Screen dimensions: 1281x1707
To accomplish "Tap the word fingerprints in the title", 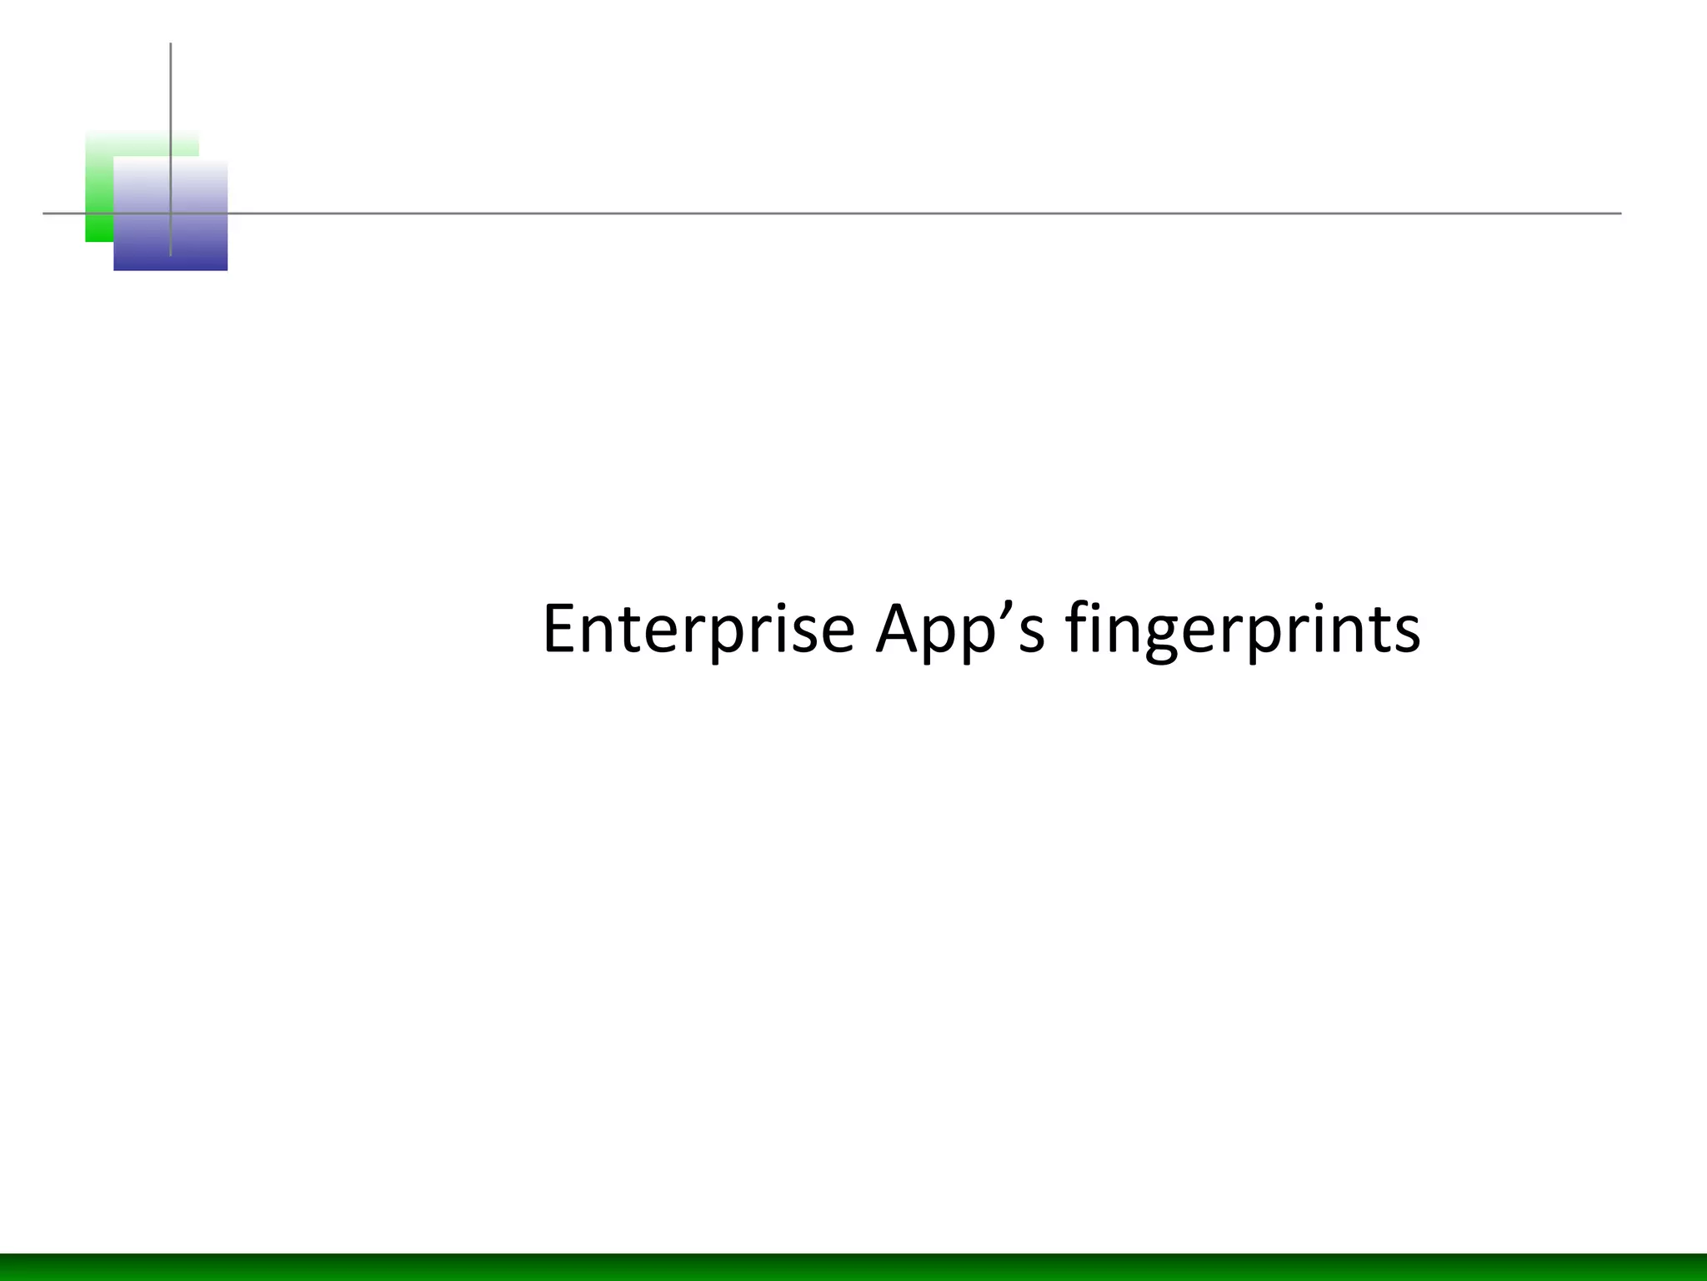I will tap(1243, 630).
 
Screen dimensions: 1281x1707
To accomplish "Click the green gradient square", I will tap(100, 183).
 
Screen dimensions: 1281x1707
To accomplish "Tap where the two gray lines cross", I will tap(171, 213).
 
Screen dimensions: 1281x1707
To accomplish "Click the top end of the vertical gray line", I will tap(171, 44).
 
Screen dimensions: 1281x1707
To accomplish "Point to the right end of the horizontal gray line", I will tap(1619, 213).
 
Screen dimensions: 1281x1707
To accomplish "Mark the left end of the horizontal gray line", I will tap(44, 213).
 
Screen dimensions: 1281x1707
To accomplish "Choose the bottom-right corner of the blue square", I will tap(227, 269).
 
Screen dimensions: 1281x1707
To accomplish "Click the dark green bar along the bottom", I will tap(853, 1267).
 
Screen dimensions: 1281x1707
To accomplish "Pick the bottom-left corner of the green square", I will tap(87, 241).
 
